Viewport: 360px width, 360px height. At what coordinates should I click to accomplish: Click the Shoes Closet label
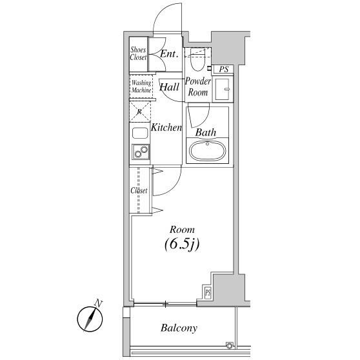coord(138,54)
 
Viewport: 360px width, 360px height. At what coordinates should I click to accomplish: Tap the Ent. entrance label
coord(169,54)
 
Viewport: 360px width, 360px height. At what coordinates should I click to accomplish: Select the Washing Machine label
coord(141,86)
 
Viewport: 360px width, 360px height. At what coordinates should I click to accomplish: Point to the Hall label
coord(170,87)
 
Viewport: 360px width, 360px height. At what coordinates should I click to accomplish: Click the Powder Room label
coord(198,87)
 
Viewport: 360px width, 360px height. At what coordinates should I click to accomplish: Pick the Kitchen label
coord(166,128)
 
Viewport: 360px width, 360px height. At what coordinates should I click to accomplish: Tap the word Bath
coord(206,132)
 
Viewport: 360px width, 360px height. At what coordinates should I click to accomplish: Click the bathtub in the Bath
coord(207,150)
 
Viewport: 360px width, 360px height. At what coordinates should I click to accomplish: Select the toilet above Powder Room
coord(197,59)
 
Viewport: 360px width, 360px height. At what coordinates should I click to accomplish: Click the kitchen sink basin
coord(140,133)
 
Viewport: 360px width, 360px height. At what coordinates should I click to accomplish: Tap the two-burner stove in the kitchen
coord(141,152)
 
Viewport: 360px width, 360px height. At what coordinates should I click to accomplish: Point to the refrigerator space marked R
coord(140,112)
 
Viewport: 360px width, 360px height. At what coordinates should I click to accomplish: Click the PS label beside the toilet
coord(224,69)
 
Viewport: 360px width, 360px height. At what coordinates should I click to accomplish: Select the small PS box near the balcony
coord(208,293)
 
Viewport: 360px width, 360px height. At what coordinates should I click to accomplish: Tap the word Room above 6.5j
coord(182,230)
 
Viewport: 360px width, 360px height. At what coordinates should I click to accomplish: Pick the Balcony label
coord(179,328)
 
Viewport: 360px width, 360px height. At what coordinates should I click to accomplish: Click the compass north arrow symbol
coord(90,318)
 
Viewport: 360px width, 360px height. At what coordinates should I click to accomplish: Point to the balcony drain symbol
coord(230,345)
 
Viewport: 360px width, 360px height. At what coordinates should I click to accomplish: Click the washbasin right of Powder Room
coord(222,89)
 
